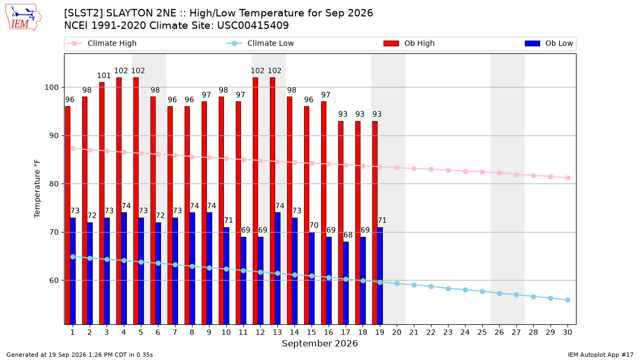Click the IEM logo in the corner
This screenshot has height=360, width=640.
point(23,18)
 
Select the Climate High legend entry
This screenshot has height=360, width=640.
point(101,43)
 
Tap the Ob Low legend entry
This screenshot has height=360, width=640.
point(549,43)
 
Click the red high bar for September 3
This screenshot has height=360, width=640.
point(102,203)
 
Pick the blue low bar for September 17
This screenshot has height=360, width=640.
point(346,283)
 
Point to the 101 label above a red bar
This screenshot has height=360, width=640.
point(103,75)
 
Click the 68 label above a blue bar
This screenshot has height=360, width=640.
point(348,235)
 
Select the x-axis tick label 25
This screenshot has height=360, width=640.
point(482,332)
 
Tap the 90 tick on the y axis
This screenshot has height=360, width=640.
point(54,135)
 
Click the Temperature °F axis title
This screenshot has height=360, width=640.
point(37,189)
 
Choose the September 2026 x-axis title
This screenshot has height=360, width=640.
point(319,343)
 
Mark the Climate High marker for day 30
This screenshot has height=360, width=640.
point(567,178)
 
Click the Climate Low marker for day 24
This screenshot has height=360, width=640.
point(465,290)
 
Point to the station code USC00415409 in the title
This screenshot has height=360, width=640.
point(253,26)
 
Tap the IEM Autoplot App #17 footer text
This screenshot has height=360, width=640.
point(601,355)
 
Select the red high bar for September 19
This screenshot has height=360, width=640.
point(375,222)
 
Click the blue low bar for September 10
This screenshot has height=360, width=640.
point(227,276)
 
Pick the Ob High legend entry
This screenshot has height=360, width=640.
point(409,43)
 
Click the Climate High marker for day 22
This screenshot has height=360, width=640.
point(431,170)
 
